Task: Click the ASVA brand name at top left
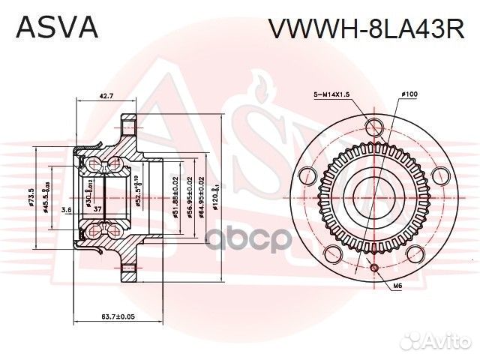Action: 57,28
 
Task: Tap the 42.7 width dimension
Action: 106,96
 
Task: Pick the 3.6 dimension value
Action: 66,209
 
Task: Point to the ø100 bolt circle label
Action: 409,94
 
